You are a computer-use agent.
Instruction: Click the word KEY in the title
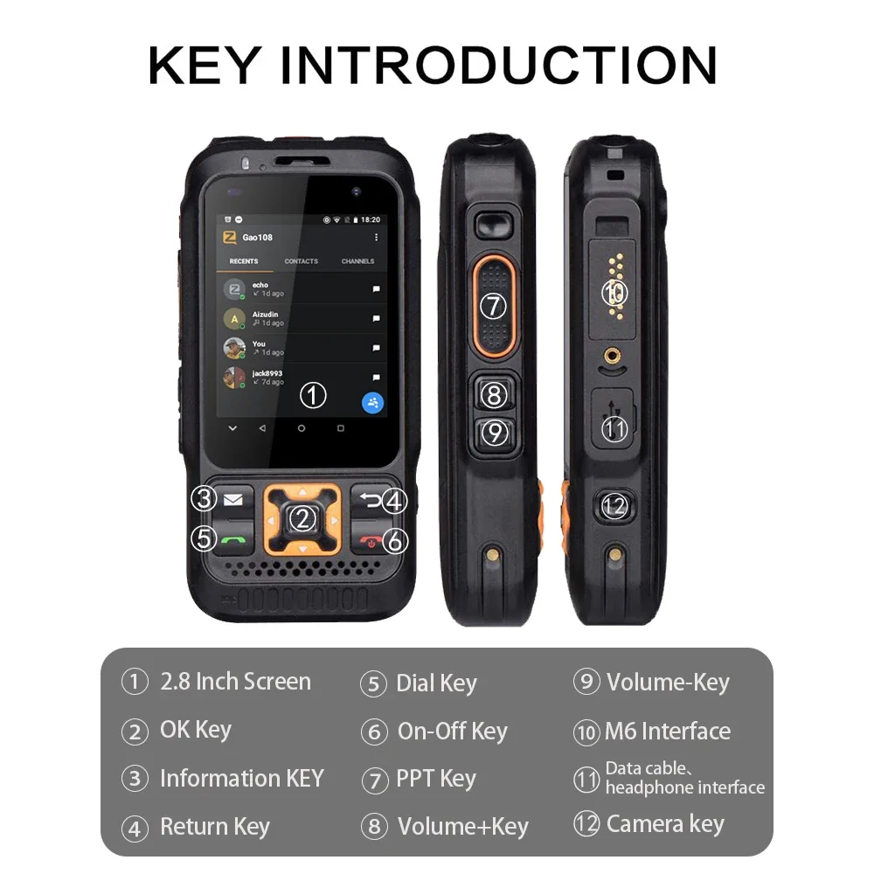click(205, 65)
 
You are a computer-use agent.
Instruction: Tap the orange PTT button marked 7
click(495, 305)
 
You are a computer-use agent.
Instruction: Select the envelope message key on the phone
click(232, 499)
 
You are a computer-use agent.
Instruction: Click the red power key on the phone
click(372, 542)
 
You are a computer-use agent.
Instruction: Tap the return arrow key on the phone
click(371, 500)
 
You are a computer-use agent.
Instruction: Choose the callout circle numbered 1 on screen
click(313, 396)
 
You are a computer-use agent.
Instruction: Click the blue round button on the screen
click(373, 403)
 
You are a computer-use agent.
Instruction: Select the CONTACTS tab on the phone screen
click(301, 261)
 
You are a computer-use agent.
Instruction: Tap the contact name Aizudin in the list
click(266, 314)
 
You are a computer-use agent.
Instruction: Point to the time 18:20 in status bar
click(371, 219)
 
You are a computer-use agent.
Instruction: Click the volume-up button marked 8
click(495, 395)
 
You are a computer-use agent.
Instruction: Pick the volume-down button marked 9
click(495, 433)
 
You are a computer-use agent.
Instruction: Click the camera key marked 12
click(615, 506)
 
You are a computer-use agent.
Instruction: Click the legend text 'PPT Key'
click(436, 778)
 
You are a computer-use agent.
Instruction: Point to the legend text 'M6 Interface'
click(668, 732)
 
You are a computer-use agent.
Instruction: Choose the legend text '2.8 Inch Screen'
click(235, 682)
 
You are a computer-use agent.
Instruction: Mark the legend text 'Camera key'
click(665, 823)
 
